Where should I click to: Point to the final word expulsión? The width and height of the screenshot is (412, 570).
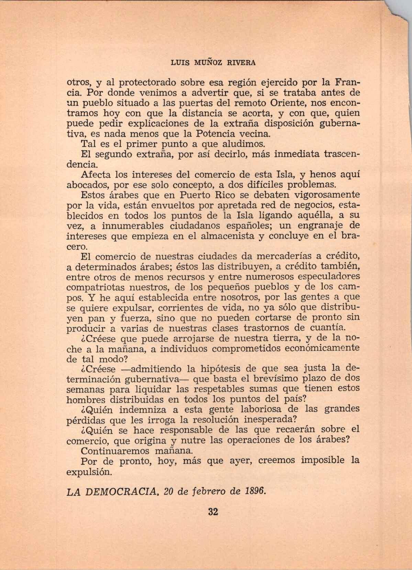tap(89, 472)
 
